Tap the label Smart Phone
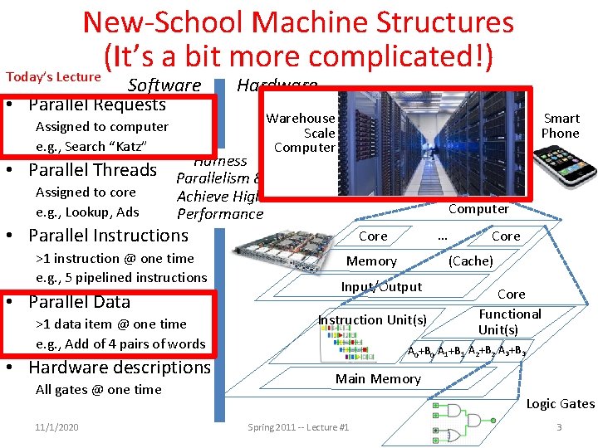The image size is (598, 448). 560,126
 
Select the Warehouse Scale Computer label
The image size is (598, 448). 301,133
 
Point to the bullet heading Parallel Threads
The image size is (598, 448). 92,170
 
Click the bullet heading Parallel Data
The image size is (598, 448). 79,301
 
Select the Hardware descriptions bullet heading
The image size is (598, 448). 120,367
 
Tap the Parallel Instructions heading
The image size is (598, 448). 108,236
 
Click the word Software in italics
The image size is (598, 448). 164,85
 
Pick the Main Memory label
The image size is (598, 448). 378,379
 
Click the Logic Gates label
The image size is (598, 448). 560,404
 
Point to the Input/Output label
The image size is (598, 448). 381,287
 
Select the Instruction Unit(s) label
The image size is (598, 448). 373,320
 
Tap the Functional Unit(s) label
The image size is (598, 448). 510,321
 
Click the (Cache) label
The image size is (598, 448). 471,261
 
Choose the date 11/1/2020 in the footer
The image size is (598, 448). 57,427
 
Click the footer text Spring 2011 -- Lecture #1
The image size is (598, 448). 298,427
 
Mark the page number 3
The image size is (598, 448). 559,427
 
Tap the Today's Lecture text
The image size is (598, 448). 53,77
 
